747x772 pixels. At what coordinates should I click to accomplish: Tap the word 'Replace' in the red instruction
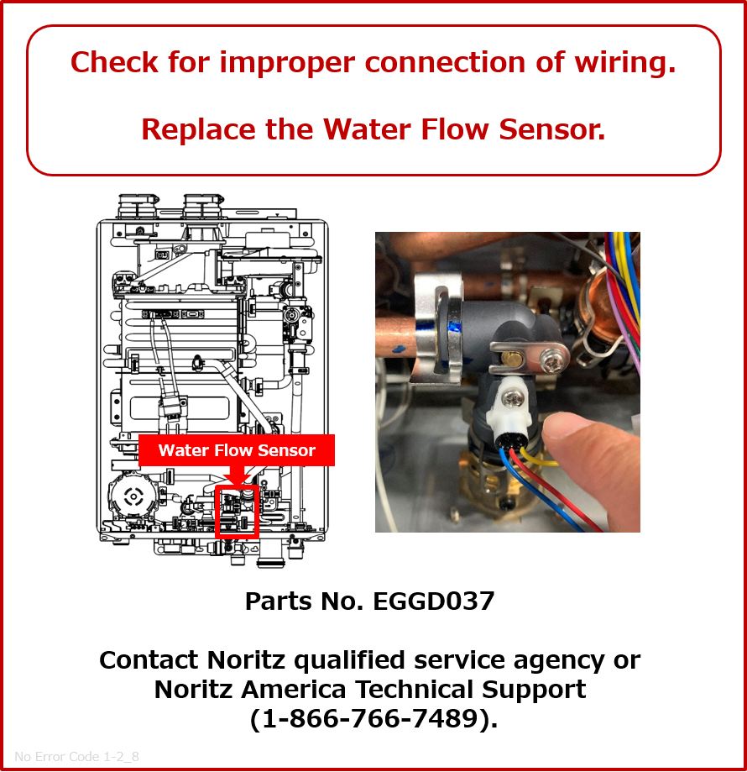[198, 129]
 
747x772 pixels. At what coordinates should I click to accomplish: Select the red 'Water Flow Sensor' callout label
[237, 450]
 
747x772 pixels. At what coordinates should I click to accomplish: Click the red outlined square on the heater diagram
[237, 511]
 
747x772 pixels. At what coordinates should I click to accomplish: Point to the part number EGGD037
[434, 601]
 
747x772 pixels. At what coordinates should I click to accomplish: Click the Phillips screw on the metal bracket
[552, 361]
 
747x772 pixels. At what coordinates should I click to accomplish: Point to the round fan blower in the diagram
[133, 496]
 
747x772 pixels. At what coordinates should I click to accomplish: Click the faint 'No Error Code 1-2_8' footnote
[76, 756]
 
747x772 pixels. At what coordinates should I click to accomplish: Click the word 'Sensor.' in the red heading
[552, 129]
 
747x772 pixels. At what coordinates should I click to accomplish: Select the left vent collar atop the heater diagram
[138, 206]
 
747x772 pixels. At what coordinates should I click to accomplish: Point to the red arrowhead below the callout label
[237, 476]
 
